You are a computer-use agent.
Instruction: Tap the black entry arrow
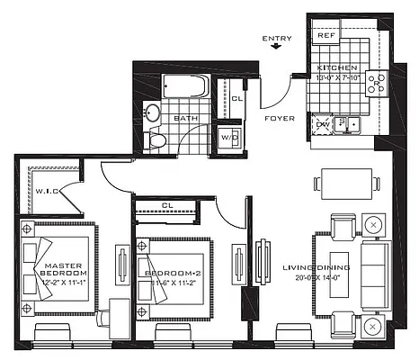tap(276, 50)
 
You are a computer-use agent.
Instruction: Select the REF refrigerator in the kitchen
tap(325, 36)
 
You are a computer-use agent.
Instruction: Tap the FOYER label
tap(275, 118)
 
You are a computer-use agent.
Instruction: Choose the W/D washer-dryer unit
tap(229, 136)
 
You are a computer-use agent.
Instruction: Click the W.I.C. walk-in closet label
tap(47, 190)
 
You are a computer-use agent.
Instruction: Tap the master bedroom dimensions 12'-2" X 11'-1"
tap(62, 282)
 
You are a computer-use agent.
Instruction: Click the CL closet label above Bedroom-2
tap(168, 204)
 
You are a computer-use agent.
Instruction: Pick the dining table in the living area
tap(344, 184)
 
